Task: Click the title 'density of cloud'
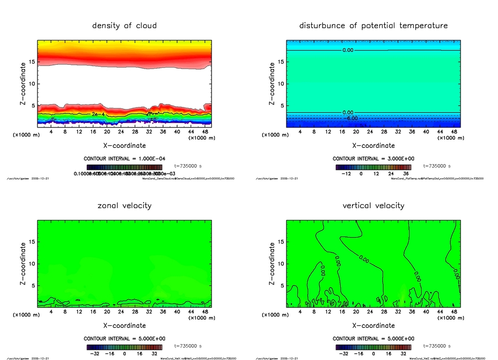pyautogui.click(x=124, y=25)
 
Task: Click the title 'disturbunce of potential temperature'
pyautogui.click(x=373, y=25)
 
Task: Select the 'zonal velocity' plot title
pyautogui.click(x=124, y=205)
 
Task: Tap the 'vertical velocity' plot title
pyautogui.click(x=373, y=205)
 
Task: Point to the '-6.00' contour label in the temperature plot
pyautogui.click(x=350, y=118)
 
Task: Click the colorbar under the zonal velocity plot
pyautogui.click(x=124, y=347)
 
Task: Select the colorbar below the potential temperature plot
pyautogui.click(x=373, y=167)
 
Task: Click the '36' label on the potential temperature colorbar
pyautogui.click(x=406, y=173)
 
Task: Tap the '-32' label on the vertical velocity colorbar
pyautogui.click(x=343, y=354)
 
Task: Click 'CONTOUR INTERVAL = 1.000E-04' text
pyautogui.click(x=124, y=159)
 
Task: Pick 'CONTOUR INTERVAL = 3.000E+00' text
pyautogui.click(x=373, y=159)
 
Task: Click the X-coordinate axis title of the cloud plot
pyautogui.click(x=124, y=145)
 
